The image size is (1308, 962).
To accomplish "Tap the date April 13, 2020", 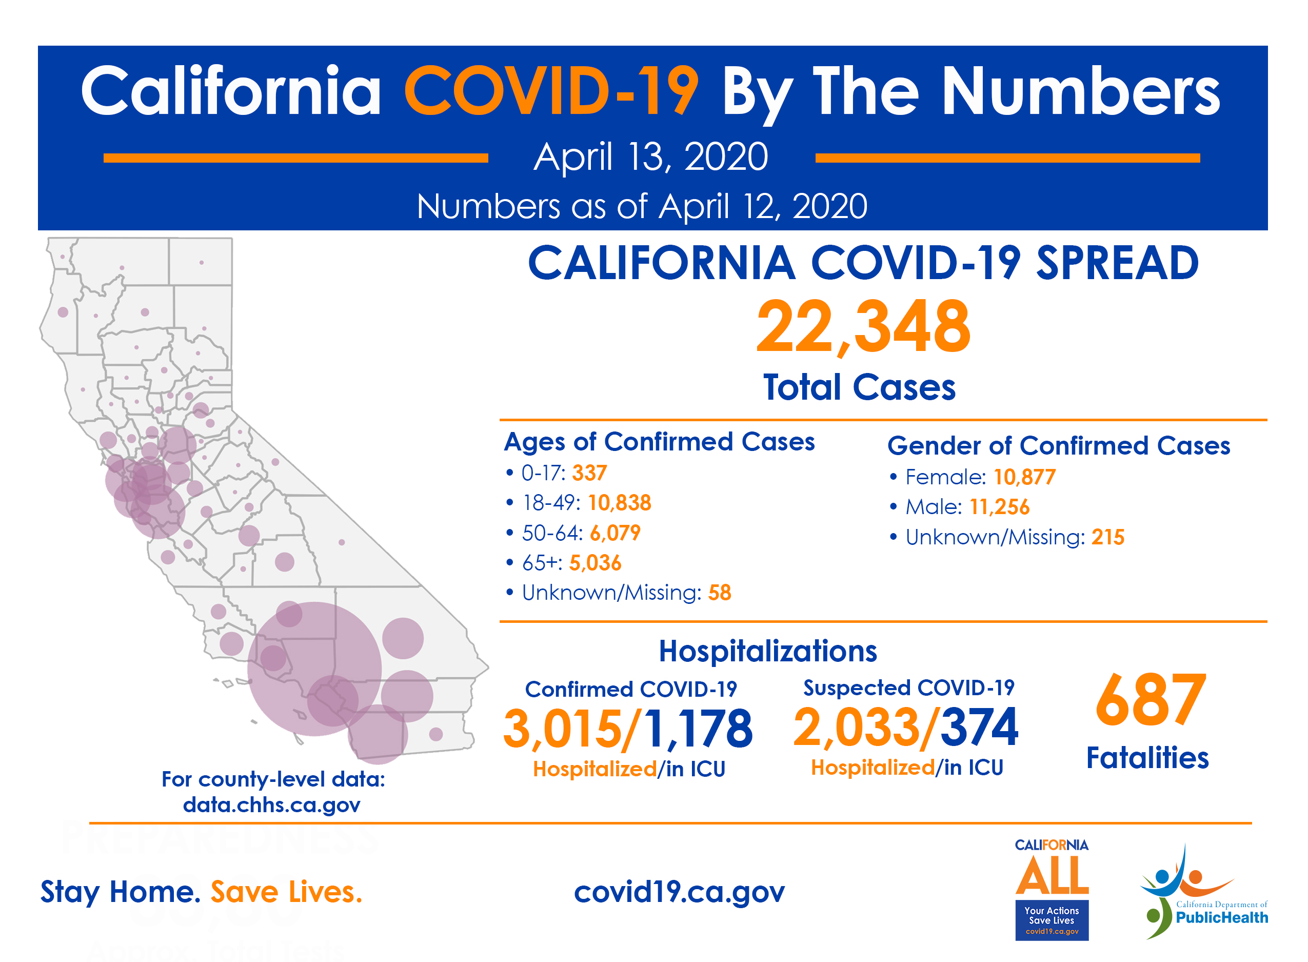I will click(651, 156).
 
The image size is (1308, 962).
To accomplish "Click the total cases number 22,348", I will click(863, 327).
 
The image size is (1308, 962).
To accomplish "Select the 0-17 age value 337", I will click(589, 473).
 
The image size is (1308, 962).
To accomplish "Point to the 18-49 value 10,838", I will click(619, 502).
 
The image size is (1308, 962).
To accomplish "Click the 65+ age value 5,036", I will click(595, 562).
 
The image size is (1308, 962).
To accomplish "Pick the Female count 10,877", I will click(1024, 477).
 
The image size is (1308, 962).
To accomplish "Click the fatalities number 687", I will click(1150, 700).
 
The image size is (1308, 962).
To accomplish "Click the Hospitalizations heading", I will click(767, 651).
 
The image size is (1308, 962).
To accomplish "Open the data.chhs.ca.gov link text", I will click(271, 805).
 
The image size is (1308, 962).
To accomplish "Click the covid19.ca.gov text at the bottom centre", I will click(679, 892).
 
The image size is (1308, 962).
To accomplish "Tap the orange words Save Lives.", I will click(286, 892).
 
